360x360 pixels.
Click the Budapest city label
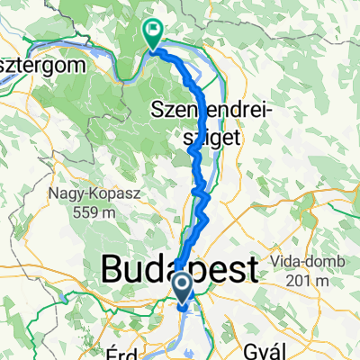(x=180, y=269)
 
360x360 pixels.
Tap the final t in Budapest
(x=250, y=269)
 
